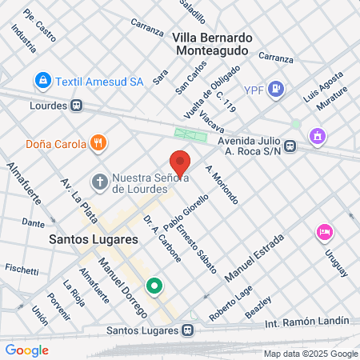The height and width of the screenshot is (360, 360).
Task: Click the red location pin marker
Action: [x=180, y=164]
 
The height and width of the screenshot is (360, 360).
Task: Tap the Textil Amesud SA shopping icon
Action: [x=42, y=81]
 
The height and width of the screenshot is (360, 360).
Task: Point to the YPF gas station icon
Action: [x=274, y=88]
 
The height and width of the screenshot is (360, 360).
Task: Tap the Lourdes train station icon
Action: [x=77, y=105]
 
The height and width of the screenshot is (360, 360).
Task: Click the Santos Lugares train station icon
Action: [x=187, y=330]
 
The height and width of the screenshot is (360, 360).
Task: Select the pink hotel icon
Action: [x=324, y=232]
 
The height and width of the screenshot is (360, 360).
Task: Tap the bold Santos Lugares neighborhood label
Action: [x=94, y=238]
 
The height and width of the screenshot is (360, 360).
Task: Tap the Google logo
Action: [x=26, y=350]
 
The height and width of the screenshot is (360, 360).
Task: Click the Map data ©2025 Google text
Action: [x=311, y=354]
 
